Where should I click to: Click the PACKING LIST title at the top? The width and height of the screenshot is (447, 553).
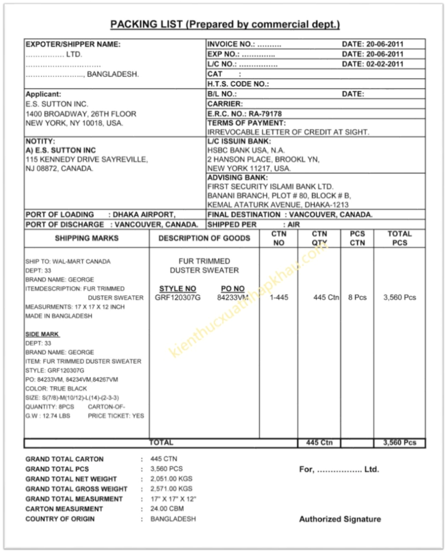pos(225,24)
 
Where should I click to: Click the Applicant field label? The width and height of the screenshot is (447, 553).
pos(43,94)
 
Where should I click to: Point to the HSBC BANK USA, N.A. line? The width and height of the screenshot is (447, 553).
pos(246,150)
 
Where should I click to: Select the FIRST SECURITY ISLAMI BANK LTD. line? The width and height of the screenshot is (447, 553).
pos(271,186)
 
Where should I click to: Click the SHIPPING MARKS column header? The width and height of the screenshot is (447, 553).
pos(87,238)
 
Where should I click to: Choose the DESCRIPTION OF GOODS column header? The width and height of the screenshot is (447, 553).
pos(204,238)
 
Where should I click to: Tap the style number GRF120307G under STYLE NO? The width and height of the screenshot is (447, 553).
pos(178,298)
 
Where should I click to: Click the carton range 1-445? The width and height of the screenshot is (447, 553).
pos(279,298)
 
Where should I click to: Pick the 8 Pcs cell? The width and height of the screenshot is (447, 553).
pos(357,298)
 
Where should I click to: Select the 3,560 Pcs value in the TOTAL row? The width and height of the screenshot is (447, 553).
pos(399,443)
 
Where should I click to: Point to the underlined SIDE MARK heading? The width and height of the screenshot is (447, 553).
pos(42,334)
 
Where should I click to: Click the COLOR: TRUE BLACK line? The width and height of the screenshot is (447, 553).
pos(56,389)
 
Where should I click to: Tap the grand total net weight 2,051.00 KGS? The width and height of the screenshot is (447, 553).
pos(171,479)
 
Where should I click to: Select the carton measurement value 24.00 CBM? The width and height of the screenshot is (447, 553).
pos(167,509)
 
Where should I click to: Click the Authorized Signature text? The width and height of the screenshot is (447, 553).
pos(340,519)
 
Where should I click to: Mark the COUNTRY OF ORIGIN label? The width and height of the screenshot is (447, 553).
pos(60,519)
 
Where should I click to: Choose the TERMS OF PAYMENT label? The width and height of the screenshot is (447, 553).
pos(246,123)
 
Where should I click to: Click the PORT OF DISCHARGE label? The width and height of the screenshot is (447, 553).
pos(64,224)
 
